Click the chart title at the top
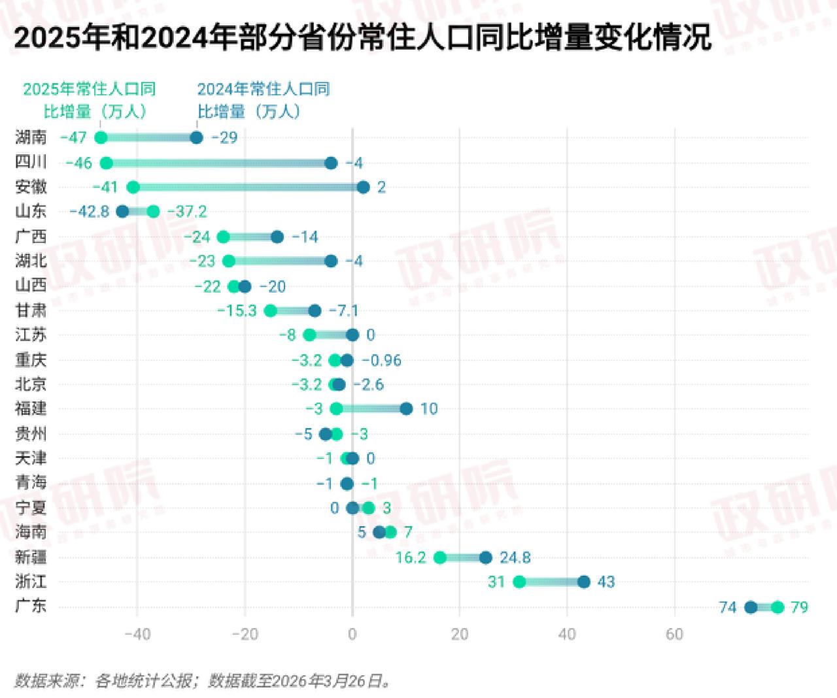[362, 38]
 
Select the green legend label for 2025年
[90, 100]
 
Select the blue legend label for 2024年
[263, 100]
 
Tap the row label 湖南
[31, 137]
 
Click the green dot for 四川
[106, 163]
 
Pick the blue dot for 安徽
[363, 188]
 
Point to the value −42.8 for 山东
[89, 212]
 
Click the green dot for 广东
[777, 607]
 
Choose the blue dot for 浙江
[583, 582]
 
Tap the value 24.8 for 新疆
[515, 557]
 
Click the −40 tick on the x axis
[137, 634]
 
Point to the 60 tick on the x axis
[674, 634]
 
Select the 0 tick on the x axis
[352, 634]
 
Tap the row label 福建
[31, 408]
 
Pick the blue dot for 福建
[406, 408]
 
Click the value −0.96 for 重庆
[381, 360]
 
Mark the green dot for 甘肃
[270, 310]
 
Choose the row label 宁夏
[31, 508]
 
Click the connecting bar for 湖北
[280, 261]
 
